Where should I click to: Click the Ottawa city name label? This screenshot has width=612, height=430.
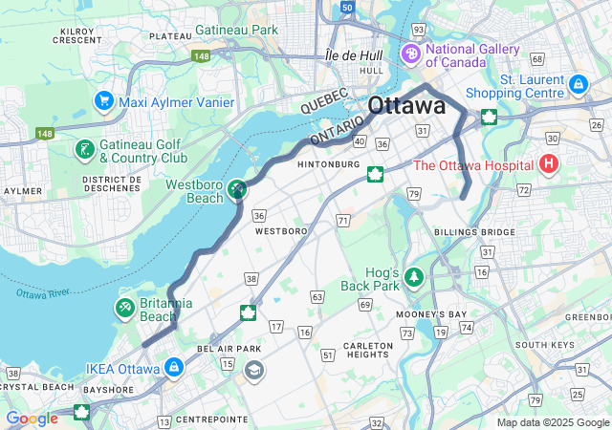[x=406, y=105]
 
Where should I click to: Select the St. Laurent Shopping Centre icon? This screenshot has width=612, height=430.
[x=577, y=84]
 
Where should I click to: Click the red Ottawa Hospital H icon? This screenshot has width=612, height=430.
[x=549, y=163]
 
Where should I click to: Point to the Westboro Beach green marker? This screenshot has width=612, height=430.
[x=236, y=190]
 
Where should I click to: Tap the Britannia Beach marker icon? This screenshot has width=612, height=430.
[x=124, y=308]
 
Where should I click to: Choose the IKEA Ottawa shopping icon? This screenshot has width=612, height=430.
[x=173, y=367]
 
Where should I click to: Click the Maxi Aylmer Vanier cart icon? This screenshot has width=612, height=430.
[x=102, y=99]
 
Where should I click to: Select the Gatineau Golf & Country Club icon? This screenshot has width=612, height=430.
[x=84, y=149]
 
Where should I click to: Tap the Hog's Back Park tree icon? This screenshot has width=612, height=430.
[x=413, y=277]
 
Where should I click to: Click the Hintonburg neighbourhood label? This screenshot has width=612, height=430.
[x=327, y=164]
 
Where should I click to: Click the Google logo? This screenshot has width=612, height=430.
[x=32, y=418]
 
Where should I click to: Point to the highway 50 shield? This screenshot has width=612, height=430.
[x=346, y=7]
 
